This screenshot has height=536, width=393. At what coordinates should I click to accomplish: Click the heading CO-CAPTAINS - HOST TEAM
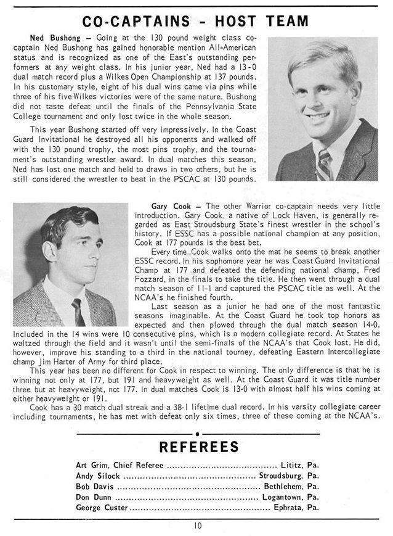pyautogui.click(x=195, y=22)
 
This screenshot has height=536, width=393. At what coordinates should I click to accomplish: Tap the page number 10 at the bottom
pyautogui.click(x=196, y=526)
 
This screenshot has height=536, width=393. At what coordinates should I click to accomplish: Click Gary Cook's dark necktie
pyautogui.click(x=78, y=311)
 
